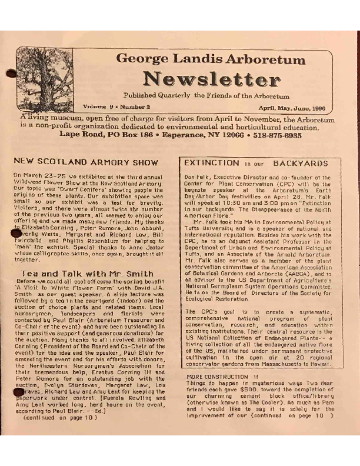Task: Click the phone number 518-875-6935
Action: [279, 134]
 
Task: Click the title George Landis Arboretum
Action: [211, 59]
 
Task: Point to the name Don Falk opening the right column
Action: [195, 177]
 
